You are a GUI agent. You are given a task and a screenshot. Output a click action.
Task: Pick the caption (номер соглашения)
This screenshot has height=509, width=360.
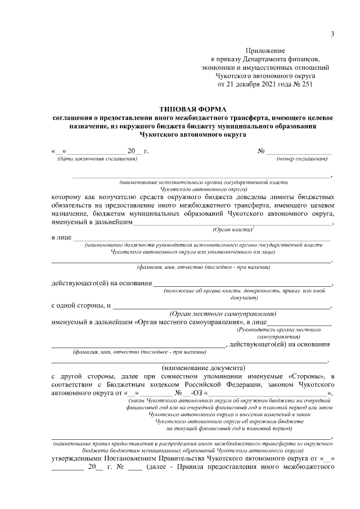click(x=302, y=159)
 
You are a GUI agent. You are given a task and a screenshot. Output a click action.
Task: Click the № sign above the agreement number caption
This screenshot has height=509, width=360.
click(x=261, y=151)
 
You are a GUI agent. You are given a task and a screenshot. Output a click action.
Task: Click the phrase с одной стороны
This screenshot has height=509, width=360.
click(x=78, y=306)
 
